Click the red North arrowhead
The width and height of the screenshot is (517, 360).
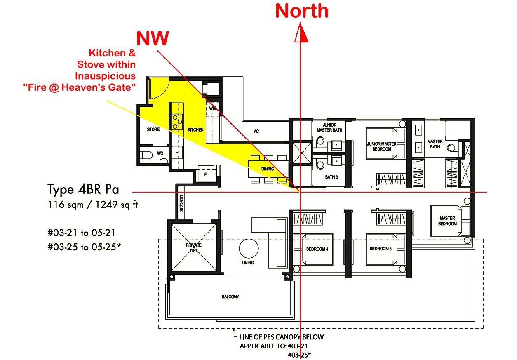coord(301,33)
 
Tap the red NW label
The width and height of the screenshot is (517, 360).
coord(153,38)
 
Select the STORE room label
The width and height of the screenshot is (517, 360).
coord(153,129)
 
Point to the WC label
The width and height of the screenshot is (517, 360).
coord(160,153)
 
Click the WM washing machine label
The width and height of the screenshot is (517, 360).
coord(213,108)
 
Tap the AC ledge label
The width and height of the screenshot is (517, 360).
coord(256,132)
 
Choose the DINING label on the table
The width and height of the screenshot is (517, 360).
coord(268,169)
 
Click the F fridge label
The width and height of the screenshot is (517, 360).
coord(206,174)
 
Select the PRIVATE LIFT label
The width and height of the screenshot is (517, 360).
coord(194,248)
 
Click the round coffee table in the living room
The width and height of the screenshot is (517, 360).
coord(249,248)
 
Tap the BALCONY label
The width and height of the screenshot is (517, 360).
coord(230,296)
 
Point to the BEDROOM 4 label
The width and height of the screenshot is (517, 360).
coord(317,249)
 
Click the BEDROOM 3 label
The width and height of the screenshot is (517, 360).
coord(381,249)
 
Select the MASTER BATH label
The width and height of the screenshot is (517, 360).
coord(435,144)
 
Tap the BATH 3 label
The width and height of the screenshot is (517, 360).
coord(331,177)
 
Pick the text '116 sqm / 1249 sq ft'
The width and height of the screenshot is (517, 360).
coord(93,205)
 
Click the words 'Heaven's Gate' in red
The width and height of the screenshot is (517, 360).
coord(98,87)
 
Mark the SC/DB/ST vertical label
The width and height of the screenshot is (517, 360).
coord(182,203)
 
